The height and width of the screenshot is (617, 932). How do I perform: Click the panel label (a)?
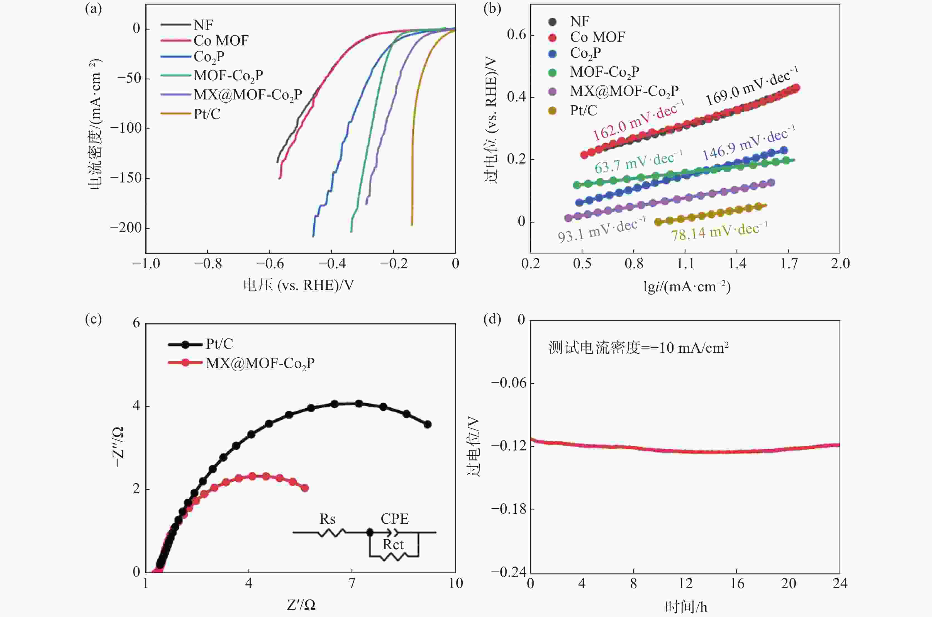[93, 9]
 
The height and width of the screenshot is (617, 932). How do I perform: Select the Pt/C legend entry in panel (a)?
[207, 114]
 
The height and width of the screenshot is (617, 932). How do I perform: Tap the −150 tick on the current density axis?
[125, 178]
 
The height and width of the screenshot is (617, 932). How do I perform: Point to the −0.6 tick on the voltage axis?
[270, 264]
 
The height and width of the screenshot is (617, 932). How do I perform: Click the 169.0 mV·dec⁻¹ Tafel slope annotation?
[752, 87]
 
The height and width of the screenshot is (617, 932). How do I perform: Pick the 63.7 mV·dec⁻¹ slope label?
[638, 162]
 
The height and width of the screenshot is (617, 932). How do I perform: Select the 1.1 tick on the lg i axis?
[685, 264]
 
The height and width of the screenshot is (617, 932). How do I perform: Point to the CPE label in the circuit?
[395, 519]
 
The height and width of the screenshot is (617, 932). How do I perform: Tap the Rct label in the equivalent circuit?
[393, 545]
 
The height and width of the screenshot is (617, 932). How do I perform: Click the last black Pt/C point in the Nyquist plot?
[428, 424]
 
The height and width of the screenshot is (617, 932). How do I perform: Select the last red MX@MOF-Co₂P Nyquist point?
[305, 488]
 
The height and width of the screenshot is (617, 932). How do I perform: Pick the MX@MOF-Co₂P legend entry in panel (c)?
[260, 363]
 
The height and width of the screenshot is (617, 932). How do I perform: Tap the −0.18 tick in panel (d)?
[508, 509]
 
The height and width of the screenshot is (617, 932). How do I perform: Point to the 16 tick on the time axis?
[736, 583]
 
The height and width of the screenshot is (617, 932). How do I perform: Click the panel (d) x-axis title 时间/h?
[686, 607]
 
